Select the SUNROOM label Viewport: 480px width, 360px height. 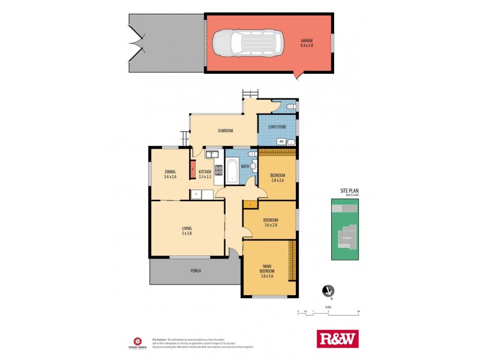coord(225,130)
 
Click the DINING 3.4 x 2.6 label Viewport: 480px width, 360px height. coord(170,174)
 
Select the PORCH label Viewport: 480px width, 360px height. coord(196,271)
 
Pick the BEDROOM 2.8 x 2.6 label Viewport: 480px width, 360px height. coord(277,178)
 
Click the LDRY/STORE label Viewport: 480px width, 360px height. coord(277,127)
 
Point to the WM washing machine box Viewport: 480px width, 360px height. coord(281,142)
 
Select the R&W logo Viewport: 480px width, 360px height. coord(337,339)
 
